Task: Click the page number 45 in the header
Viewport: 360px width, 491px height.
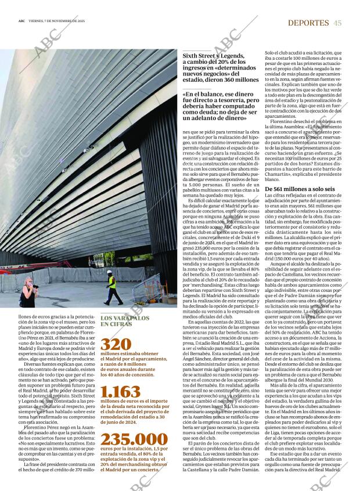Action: point(337,23)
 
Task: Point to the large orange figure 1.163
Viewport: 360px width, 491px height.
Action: point(120,393)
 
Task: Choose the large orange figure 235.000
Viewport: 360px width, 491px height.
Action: point(134,439)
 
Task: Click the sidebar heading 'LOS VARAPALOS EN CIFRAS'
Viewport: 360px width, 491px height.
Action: point(125,322)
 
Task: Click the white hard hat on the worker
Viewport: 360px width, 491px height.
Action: point(109,272)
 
